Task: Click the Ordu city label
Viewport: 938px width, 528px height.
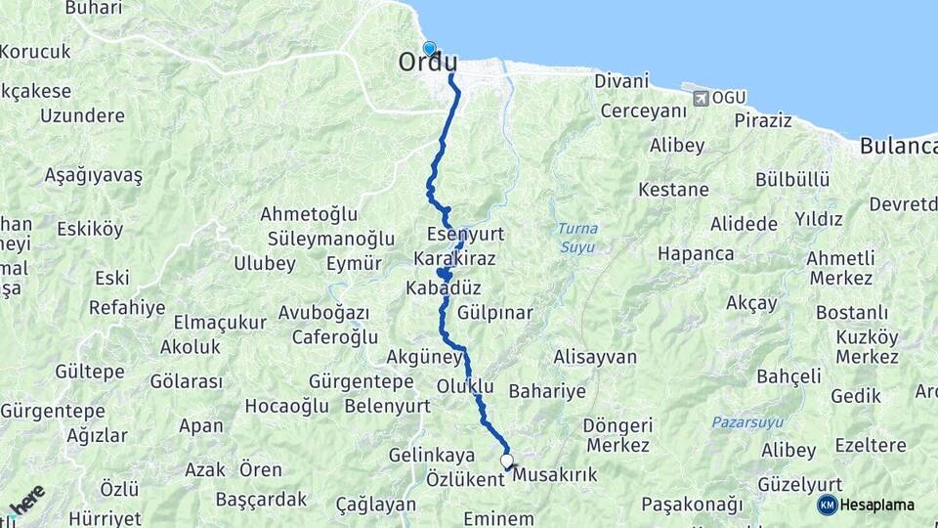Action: tap(427, 62)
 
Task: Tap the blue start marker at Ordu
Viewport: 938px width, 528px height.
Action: tap(429, 47)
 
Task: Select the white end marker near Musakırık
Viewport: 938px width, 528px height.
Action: tap(507, 460)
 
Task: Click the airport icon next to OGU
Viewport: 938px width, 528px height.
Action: tap(700, 98)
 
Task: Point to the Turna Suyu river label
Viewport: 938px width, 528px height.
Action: tap(576, 238)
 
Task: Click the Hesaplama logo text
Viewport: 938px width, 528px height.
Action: tap(877, 506)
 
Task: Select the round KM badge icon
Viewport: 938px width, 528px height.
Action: tap(827, 505)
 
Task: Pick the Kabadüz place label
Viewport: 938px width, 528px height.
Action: tap(444, 289)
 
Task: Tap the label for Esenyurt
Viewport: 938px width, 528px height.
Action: tap(465, 235)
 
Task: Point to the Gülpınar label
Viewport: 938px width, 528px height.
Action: tap(494, 313)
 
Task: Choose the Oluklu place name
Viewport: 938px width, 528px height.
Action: tap(465, 385)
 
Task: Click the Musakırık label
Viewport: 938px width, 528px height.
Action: tap(554, 474)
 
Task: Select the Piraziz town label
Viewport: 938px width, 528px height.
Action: tap(762, 120)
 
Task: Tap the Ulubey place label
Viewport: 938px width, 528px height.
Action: tap(264, 263)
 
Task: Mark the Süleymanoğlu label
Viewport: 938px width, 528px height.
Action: tap(320, 239)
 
